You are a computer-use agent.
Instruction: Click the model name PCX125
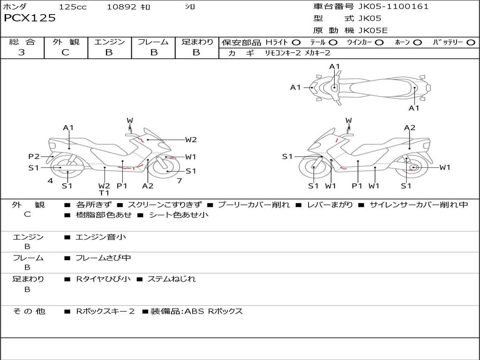[30, 18]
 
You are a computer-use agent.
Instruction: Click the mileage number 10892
[121, 7]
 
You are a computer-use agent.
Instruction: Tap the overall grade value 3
[22, 52]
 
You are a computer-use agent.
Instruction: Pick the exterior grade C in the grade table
[65, 52]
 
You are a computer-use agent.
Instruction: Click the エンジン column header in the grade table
[109, 42]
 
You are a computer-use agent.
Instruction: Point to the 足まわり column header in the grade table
[197, 42]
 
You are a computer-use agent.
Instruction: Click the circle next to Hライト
[296, 43]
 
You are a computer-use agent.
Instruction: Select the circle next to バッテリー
[471, 43]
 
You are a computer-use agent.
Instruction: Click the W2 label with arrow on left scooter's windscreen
[190, 139]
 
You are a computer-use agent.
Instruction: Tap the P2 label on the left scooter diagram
[34, 157]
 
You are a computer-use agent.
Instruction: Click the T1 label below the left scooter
[104, 193]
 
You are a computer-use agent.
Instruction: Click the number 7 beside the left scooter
[179, 181]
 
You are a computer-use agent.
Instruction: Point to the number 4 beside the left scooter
[50, 181]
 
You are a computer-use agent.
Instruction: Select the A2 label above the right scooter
[410, 127]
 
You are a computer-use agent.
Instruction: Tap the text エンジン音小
[101, 237]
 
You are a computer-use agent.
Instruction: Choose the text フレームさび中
[103, 258]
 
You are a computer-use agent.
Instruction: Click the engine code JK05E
[373, 30]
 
